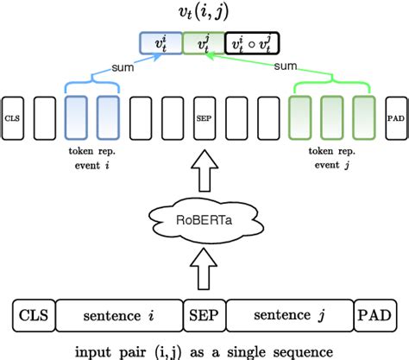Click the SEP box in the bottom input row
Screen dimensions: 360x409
coord(204,315)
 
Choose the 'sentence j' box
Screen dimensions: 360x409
coord(289,315)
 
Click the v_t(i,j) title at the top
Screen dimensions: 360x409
coord(204,12)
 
